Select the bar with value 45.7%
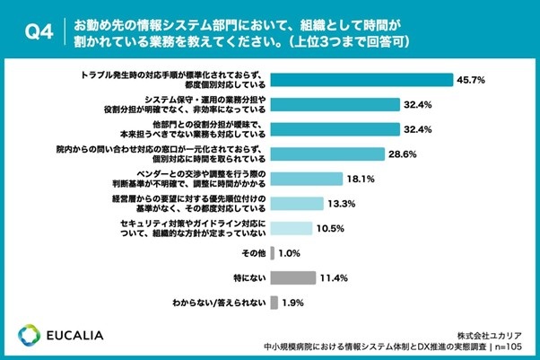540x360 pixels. [361, 79]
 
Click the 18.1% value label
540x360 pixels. [361, 178]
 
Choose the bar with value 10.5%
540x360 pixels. [292, 227]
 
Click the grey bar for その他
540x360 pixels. [273, 252]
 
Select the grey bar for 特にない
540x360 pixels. [292, 277]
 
